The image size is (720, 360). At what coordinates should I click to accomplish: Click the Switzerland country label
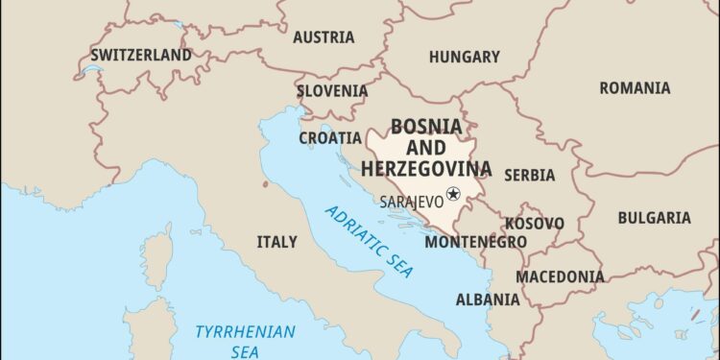coord(141,56)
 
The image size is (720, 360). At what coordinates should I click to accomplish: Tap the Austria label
coord(323,37)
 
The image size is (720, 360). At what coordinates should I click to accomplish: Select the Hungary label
coord(464,58)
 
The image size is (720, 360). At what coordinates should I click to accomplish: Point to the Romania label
coord(635,88)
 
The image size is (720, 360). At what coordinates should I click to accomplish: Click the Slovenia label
coord(331,91)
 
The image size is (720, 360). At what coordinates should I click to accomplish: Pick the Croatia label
coord(329,137)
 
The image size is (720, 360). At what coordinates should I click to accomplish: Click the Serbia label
coord(529,175)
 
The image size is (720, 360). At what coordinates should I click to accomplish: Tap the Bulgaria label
coord(654,218)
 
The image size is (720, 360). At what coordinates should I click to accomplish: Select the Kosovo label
coord(535,223)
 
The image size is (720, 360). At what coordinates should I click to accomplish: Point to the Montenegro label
coord(475,242)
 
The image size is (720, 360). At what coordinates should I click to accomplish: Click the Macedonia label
coord(561,276)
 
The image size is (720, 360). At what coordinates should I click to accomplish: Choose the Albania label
coord(488,300)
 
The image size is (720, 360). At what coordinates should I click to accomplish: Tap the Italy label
coord(276,242)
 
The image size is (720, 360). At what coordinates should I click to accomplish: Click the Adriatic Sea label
coord(368,240)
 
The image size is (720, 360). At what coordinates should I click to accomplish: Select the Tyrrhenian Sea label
coord(245,340)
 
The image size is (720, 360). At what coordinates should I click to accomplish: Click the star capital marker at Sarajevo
coord(453,194)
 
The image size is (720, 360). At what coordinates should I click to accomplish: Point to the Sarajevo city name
coord(411,203)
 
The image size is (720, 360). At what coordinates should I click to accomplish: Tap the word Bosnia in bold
coord(426,127)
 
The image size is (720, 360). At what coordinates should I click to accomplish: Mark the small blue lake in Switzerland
coord(91,70)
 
